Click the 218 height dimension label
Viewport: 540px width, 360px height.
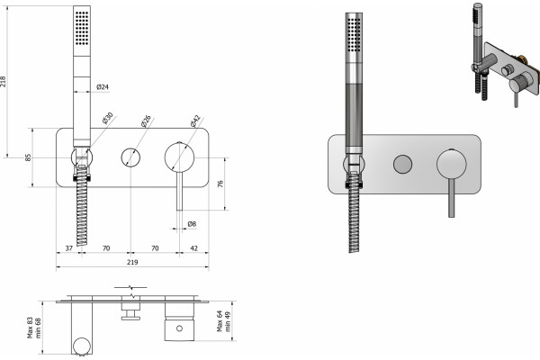tap(4, 81)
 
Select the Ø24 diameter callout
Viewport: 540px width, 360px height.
tap(103, 86)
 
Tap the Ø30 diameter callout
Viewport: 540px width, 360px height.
tap(107, 118)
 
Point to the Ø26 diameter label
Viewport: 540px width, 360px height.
tap(146, 121)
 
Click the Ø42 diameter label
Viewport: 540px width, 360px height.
tap(194, 121)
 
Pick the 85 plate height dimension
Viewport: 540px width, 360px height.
tap(28, 157)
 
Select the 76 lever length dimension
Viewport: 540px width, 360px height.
tap(220, 184)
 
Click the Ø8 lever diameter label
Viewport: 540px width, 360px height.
tap(192, 224)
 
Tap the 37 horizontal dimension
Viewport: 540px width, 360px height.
tap(69, 248)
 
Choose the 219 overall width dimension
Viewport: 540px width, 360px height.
tap(132, 262)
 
